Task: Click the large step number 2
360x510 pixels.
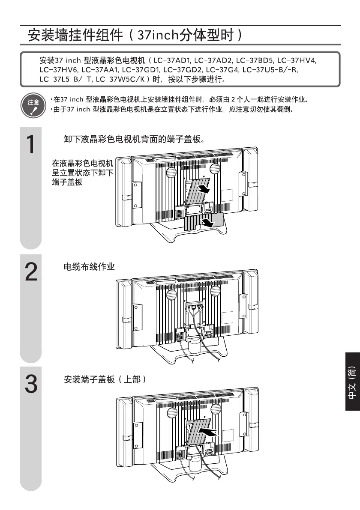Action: point(30,272)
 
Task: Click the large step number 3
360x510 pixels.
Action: point(30,384)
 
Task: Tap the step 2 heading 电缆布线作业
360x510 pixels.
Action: point(89,267)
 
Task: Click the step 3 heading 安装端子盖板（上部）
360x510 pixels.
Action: point(105,379)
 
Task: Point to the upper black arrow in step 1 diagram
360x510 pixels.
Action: point(205,189)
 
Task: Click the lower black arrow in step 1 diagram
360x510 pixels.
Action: point(207,223)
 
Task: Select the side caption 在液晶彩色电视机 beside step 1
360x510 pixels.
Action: point(83,164)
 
